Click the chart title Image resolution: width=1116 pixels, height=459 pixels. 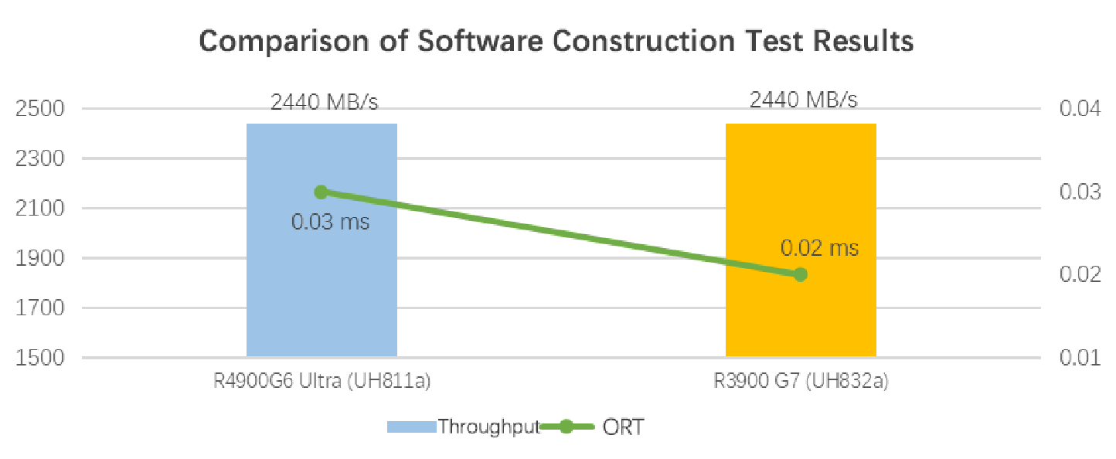(x=556, y=41)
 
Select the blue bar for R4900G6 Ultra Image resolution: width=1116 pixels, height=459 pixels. (x=322, y=294)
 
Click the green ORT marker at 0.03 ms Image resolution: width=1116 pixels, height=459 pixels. (x=322, y=192)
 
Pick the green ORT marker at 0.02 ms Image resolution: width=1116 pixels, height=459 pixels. (x=801, y=274)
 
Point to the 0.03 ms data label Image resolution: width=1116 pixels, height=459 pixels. (x=330, y=223)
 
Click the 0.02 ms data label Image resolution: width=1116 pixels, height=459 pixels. (x=819, y=249)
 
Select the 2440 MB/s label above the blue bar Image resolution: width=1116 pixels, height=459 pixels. (x=325, y=101)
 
